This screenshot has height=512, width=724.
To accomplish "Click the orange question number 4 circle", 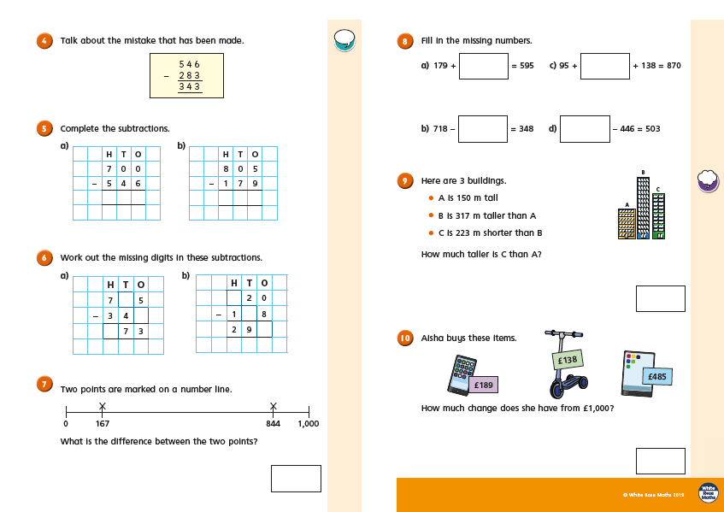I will (44, 40).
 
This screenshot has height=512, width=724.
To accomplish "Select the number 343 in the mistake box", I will (189, 86).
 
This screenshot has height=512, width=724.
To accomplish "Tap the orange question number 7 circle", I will (44, 385).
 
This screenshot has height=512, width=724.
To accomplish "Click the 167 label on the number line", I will (102, 424).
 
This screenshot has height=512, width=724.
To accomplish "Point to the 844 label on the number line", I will (274, 424).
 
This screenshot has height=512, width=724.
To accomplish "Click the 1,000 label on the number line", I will (309, 424).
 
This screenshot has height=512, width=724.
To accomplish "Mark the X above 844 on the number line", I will (274, 406).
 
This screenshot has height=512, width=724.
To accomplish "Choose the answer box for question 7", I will (296, 479).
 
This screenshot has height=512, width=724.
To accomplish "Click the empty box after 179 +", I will (483, 66).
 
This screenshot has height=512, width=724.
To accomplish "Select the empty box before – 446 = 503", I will (585, 129).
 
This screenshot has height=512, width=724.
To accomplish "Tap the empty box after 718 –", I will (483, 129).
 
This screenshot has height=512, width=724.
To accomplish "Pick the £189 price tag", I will (483, 385).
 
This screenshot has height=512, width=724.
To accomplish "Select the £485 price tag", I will (656, 376).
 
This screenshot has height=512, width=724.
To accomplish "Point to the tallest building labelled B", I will (643, 205).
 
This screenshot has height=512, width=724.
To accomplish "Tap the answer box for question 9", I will (660, 299).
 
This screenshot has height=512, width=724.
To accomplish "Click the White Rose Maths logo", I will (708, 493).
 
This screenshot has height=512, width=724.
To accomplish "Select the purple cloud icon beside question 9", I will (707, 179).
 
